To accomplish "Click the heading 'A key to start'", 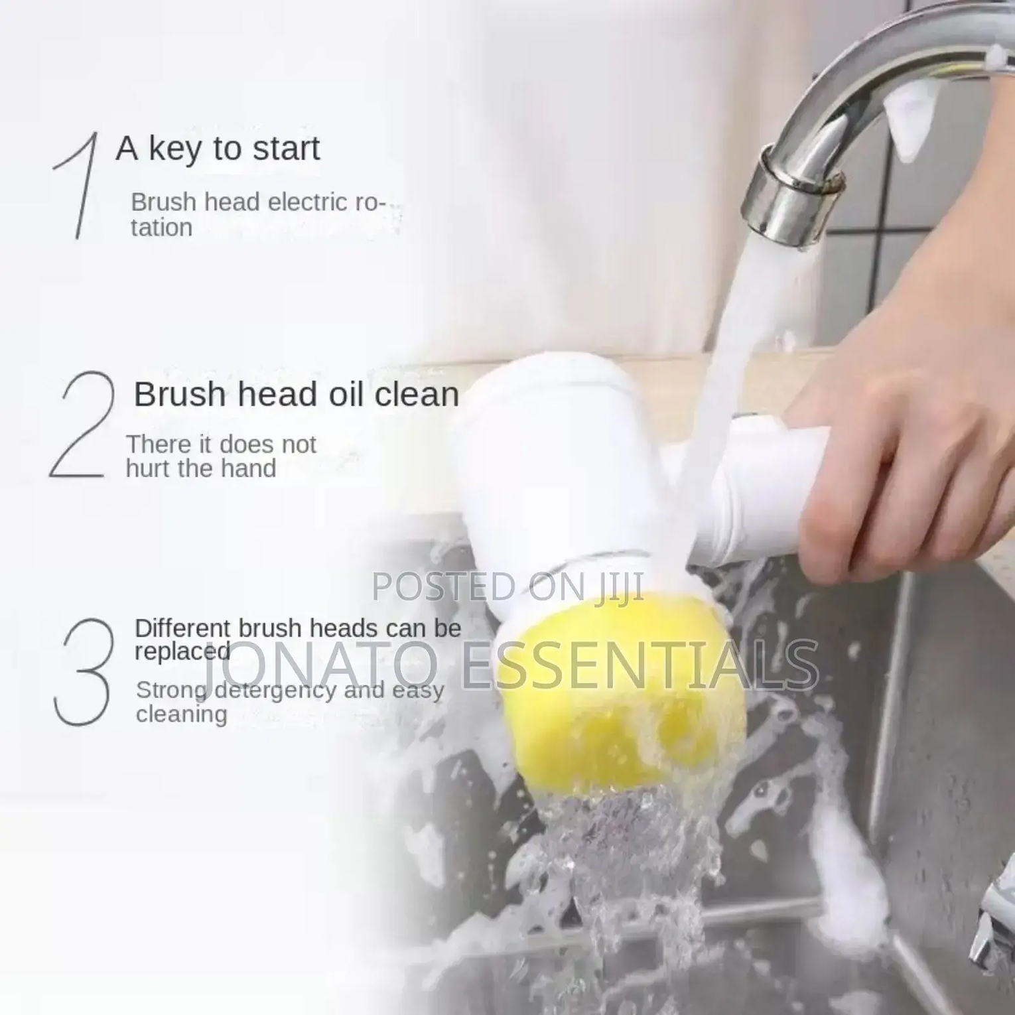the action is coord(218,149).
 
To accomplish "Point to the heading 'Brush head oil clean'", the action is coord(297,394).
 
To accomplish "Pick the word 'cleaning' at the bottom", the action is coord(182,714).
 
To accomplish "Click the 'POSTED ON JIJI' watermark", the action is coord(507,586).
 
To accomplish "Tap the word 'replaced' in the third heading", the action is coord(182,651).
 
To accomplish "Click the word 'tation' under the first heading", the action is coord(161,228).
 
